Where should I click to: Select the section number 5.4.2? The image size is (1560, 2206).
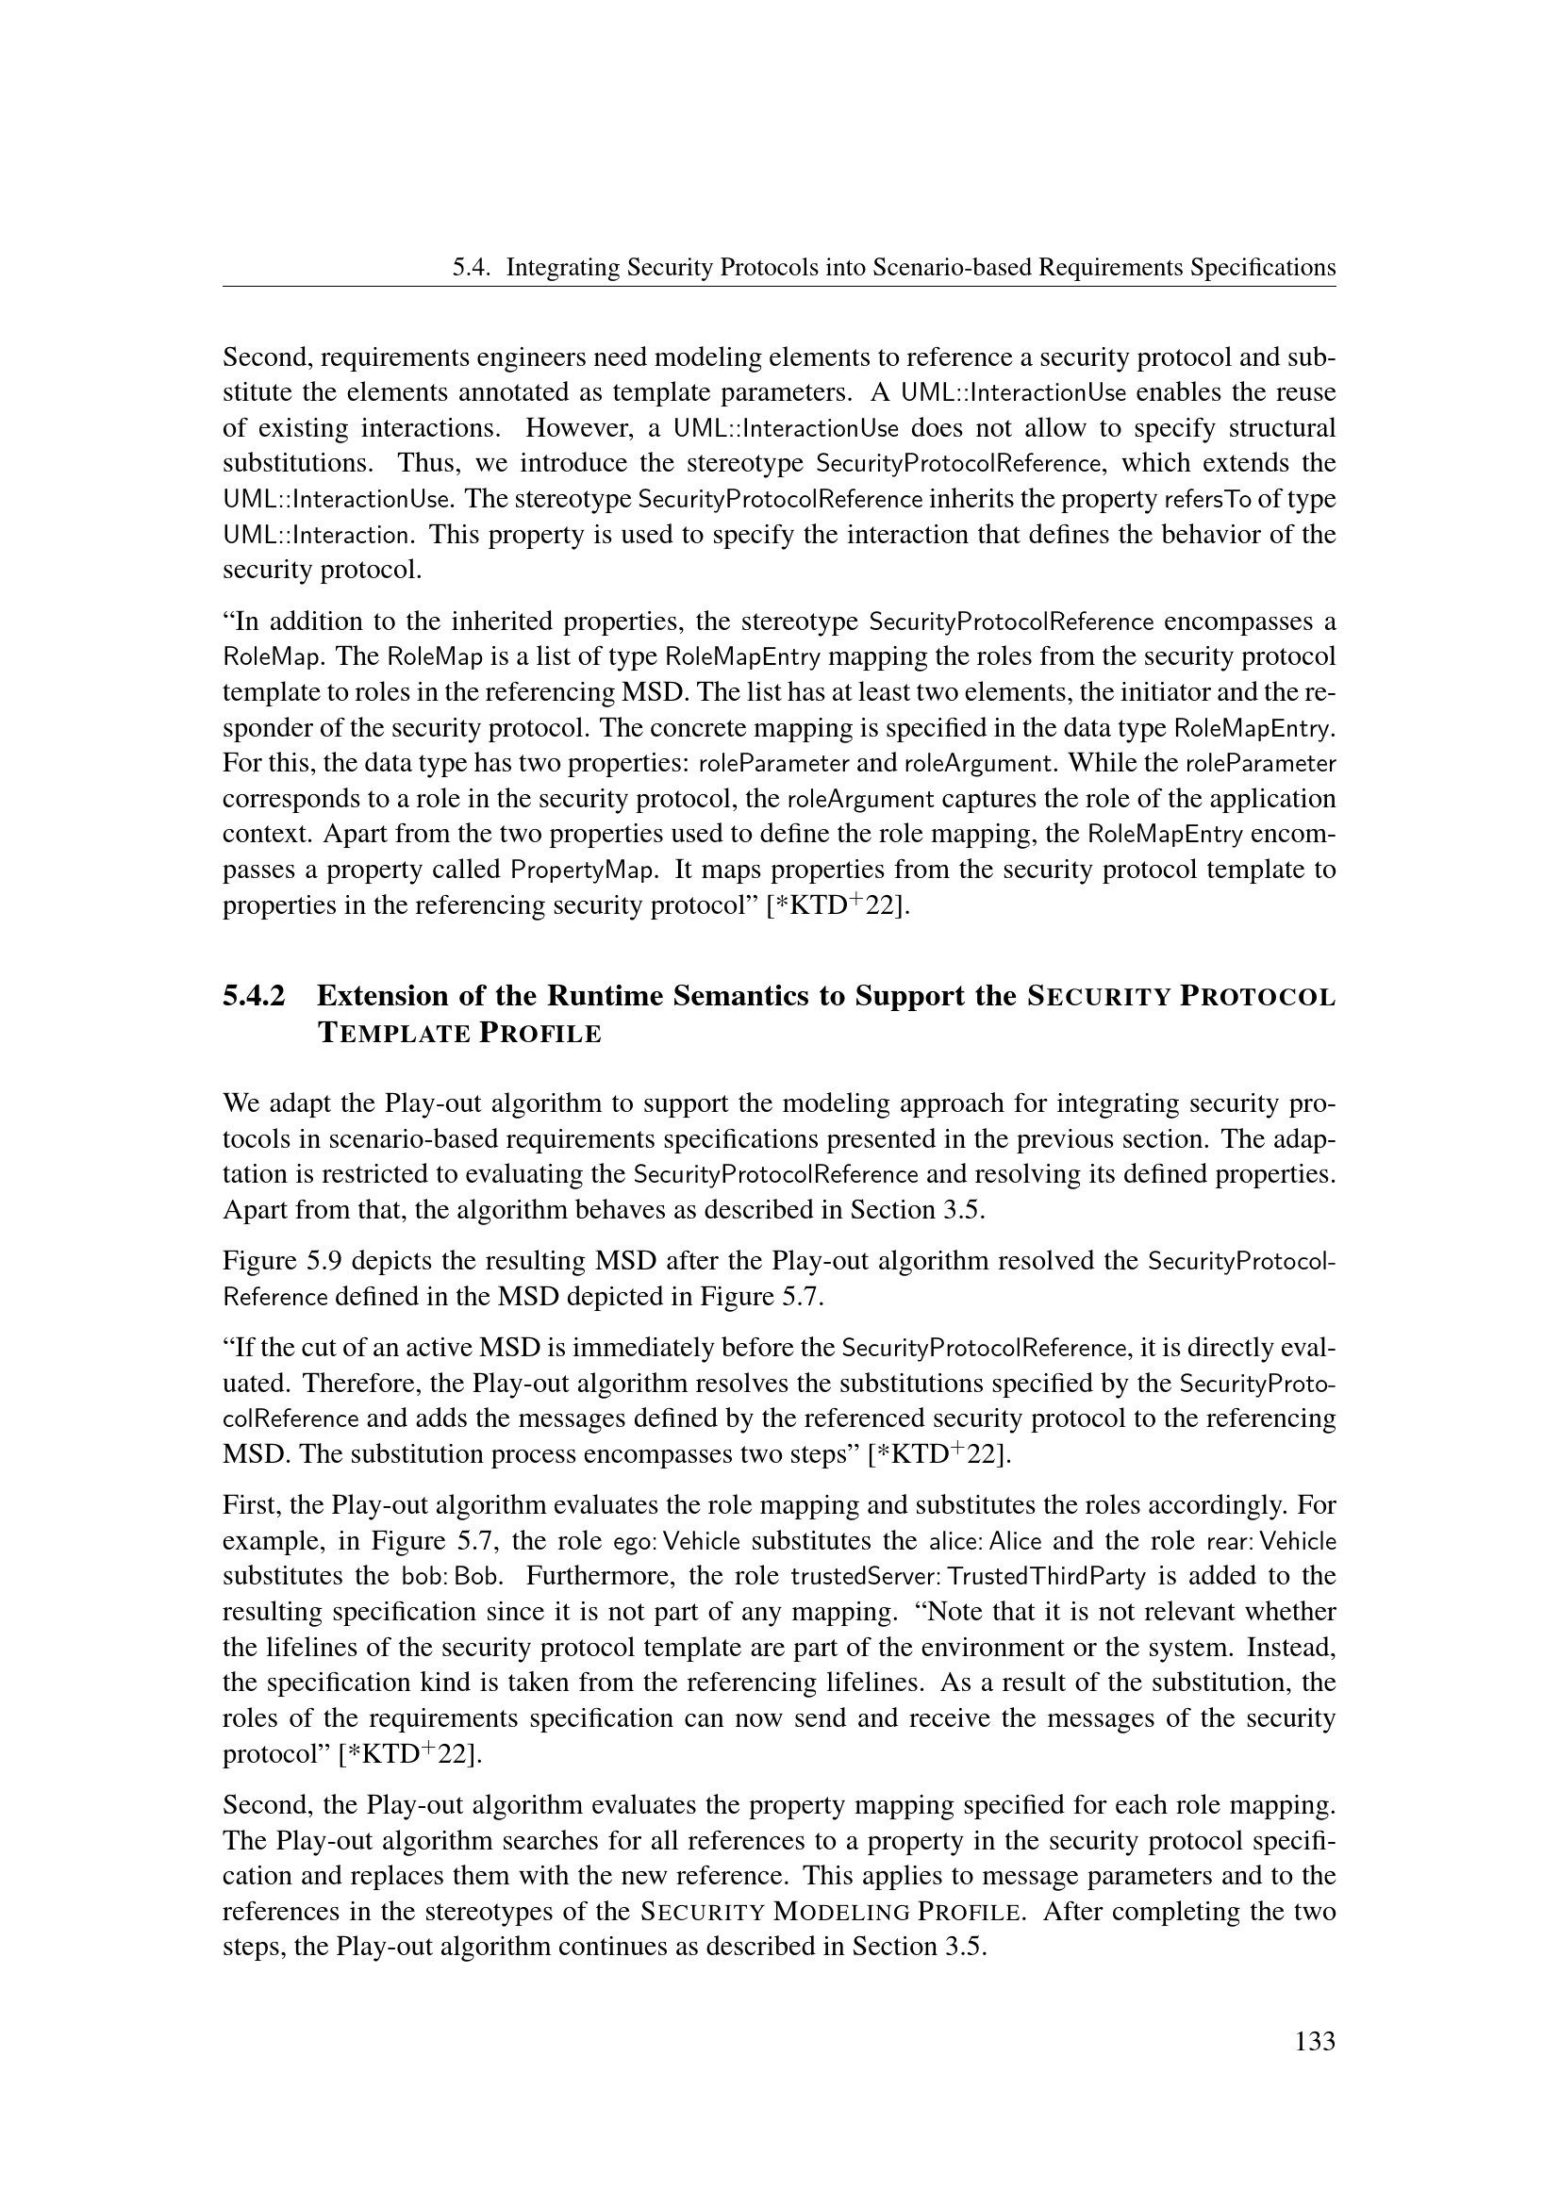point(254,995)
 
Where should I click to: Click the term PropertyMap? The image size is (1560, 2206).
point(583,871)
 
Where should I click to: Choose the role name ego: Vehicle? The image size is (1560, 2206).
point(677,1541)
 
